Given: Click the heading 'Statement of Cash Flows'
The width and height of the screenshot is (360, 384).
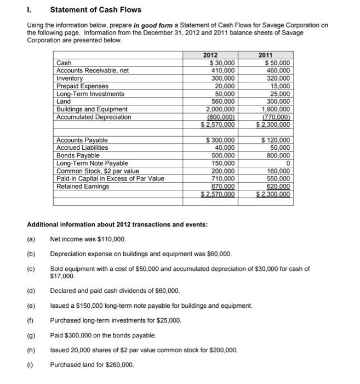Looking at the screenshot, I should coord(95,9).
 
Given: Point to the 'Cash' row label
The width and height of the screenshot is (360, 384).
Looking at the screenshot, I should coord(64,63).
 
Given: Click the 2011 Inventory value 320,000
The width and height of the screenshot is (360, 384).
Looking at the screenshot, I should coord(278,78).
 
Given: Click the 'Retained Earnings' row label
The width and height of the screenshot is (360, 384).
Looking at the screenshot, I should coord(83,186).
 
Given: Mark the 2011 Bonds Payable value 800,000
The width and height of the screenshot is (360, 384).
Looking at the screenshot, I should coord(278,155).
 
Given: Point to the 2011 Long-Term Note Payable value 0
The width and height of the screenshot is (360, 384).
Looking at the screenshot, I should coord(288,163).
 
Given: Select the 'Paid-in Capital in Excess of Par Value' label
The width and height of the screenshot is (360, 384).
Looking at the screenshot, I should coord(110,178).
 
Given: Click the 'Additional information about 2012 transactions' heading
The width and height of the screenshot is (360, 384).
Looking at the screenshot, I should coord(117,225).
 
